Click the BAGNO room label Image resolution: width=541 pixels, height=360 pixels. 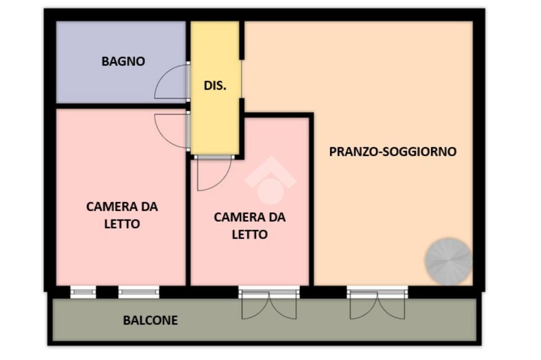click(x=123, y=61)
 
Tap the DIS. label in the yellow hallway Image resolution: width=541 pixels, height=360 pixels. click(x=215, y=86)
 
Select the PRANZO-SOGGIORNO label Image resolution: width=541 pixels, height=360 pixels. click(x=393, y=151)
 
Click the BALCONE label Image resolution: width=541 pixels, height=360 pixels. click(x=151, y=320)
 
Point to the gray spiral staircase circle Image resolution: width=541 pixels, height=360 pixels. click(x=449, y=261)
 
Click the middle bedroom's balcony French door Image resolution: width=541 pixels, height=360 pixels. click(x=269, y=303)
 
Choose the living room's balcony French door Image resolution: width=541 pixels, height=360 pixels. click(x=377, y=303)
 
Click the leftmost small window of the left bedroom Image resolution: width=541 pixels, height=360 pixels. click(x=83, y=292)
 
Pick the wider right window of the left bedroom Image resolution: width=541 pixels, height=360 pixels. click(x=139, y=292)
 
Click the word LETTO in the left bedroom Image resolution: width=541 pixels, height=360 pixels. click(x=122, y=224)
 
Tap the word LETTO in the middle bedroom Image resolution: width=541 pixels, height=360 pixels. click(x=250, y=235)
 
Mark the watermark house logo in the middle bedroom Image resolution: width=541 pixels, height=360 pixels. click(x=270, y=180)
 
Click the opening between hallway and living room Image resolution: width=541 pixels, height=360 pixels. click(x=242, y=79)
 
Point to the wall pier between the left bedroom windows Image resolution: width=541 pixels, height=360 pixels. click(x=107, y=292)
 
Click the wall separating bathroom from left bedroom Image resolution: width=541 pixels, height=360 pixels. click(x=121, y=106)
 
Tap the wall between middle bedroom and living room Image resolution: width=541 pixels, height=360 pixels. click(x=311, y=200)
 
